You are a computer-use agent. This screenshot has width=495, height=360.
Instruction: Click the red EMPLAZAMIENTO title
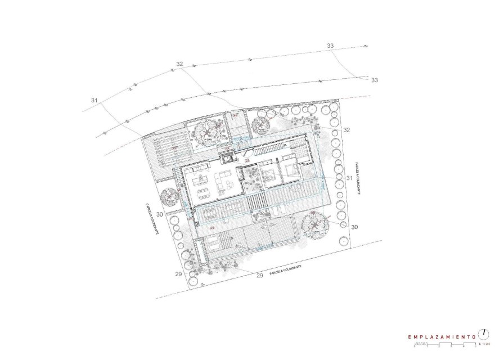point(442,336)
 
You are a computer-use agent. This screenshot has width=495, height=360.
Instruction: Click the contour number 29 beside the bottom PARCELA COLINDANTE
point(260,276)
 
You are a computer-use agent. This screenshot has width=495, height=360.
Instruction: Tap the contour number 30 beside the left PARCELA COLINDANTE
point(160,214)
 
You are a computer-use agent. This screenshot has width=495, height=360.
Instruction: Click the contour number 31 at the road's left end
point(94,100)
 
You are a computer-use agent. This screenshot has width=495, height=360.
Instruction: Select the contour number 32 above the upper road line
point(179,64)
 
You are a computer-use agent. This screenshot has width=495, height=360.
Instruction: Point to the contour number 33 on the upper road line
point(330,46)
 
